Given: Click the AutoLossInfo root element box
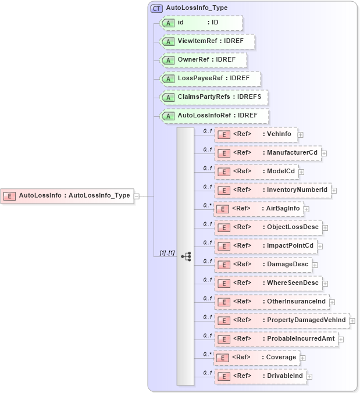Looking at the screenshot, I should (67, 196).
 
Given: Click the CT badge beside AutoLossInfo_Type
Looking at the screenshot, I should (156, 9).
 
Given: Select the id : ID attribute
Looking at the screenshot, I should (201, 23).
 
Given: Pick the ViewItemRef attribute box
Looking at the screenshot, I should (208, 41).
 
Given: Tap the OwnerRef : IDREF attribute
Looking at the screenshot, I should (204, 60).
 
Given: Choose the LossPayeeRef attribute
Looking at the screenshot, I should (211, 78).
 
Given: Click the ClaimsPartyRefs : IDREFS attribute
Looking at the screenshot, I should (214, 97).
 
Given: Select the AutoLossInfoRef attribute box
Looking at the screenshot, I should (214, 116).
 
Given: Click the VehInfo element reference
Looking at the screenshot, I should (256, 134).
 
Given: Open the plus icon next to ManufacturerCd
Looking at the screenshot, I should (324, 153).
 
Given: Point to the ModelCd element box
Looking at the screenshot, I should (256, 172).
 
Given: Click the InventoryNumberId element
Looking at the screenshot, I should (273, 190).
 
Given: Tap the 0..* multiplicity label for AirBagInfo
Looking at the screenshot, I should (206, 205).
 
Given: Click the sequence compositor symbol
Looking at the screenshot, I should (186, 256).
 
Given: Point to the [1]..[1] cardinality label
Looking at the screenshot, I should (167, 253).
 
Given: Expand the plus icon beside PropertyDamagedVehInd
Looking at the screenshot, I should (352, 320).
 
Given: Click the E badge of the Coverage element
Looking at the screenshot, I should (222, 358).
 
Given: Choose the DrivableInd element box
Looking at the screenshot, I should (261, 376).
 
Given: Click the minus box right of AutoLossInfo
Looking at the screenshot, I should (137, 196).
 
